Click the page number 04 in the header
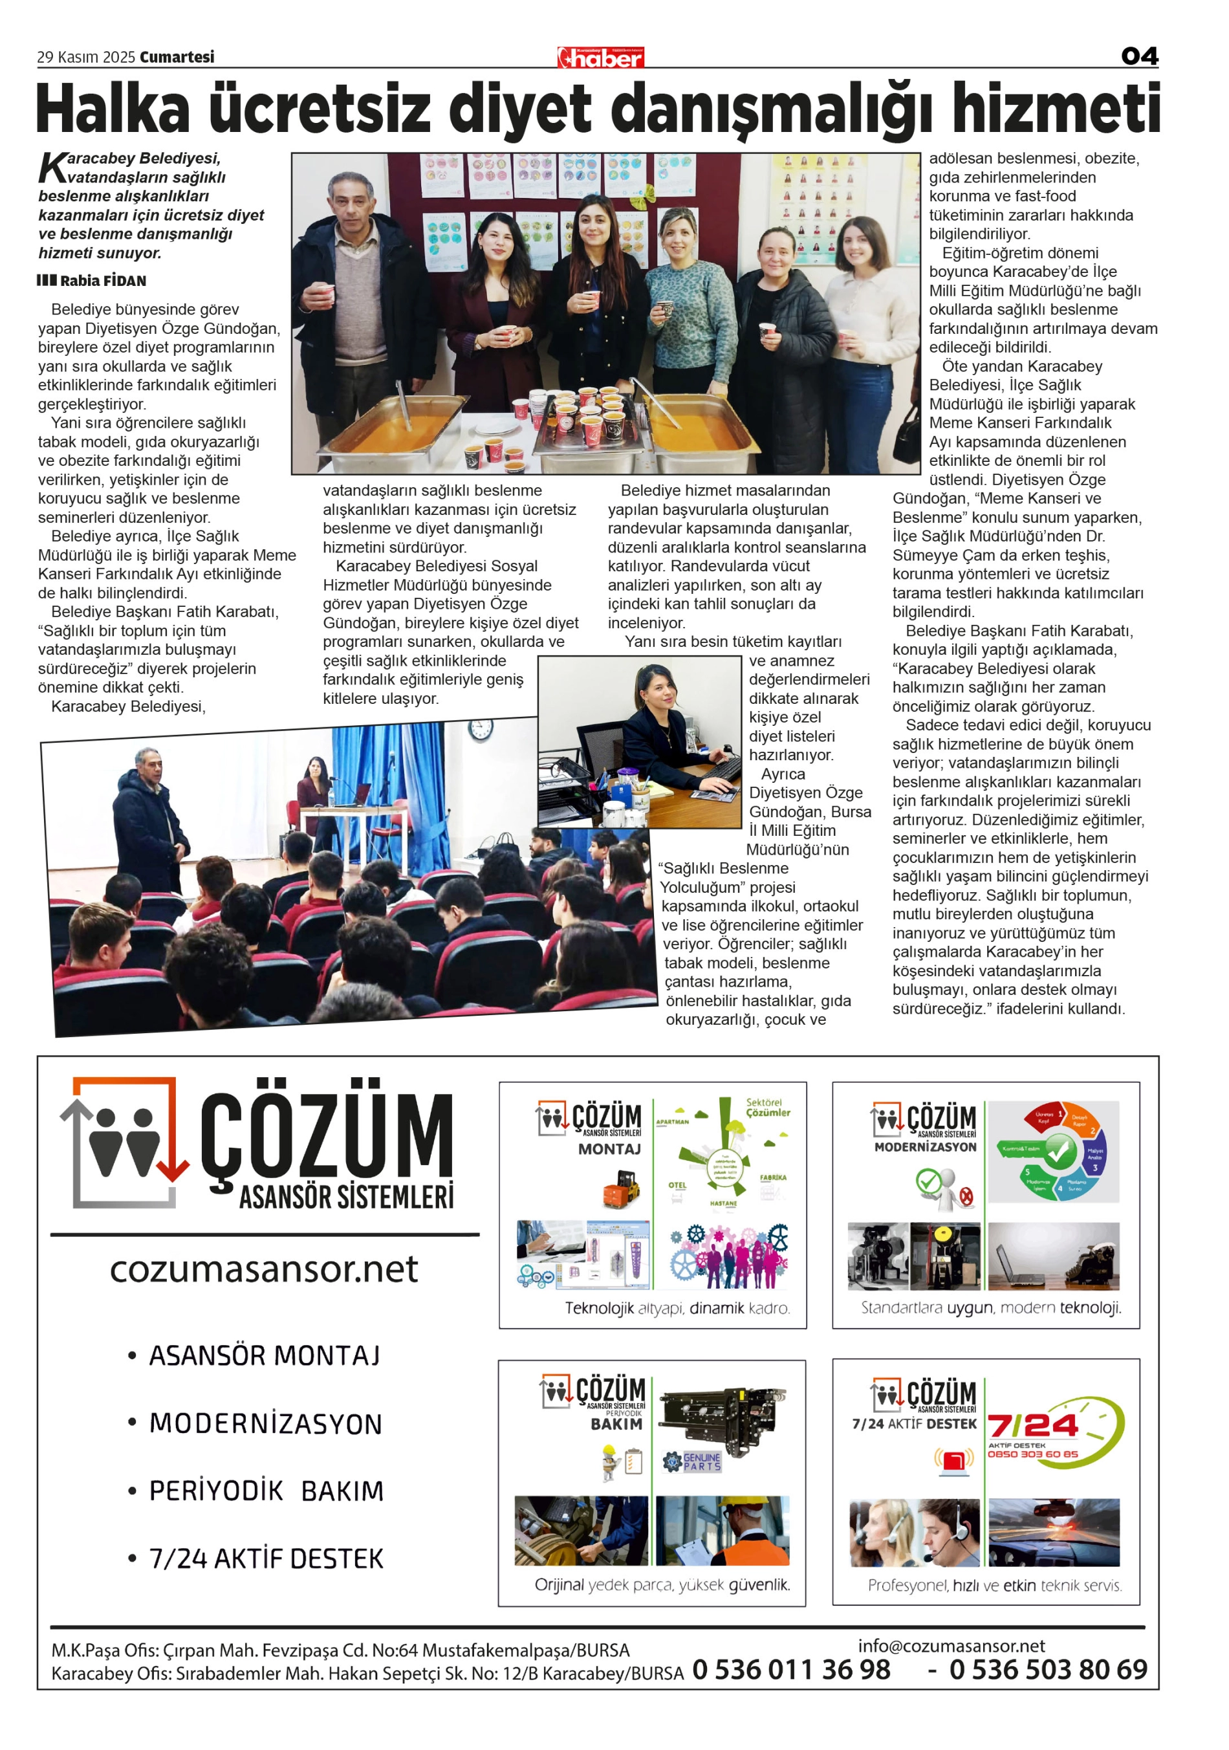[x=1139, y=56]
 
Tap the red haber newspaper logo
[x=600, y=57]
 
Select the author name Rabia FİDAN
[x=103, y=281]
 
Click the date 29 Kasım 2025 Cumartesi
[x=125, y=57]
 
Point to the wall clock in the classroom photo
[x=481, y=730]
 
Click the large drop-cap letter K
[x=52, y=167]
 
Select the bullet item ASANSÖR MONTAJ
[x=264, y=1356]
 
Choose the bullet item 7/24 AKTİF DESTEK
[x=266, y=1559]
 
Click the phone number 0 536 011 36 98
[x=791, y=1670]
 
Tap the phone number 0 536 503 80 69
[x=1048, y=1670]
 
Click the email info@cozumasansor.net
[x=951, y=1646]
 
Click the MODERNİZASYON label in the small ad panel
[x=925, y=1147]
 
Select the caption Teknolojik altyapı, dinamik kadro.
[x=677, y=1309]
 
